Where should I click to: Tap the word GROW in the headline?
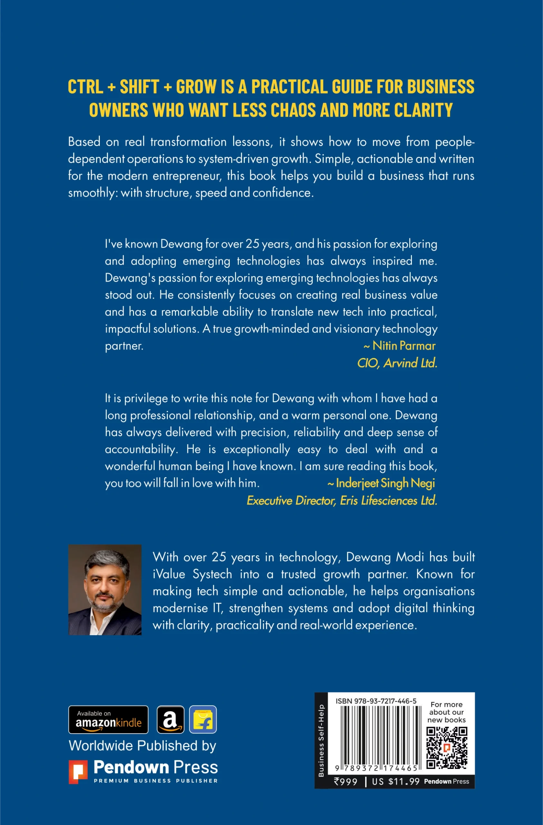point(196,87)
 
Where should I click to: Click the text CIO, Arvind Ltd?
point(397,363)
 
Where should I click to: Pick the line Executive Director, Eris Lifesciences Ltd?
point(342,500)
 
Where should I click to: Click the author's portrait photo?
point(105,590)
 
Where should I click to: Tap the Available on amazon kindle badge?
point(108,719)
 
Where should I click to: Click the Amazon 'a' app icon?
point(170,719)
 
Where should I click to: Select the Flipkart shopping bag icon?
point(203,719)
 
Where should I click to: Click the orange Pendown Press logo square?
point(78,772)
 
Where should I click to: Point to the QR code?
point(447,747)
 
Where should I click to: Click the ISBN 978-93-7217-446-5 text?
point(376,701)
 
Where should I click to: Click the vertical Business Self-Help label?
point(321,740)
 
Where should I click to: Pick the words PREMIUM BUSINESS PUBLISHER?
point(156,781)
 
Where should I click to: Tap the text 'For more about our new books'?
point(446,712)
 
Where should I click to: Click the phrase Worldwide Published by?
point(142,746)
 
